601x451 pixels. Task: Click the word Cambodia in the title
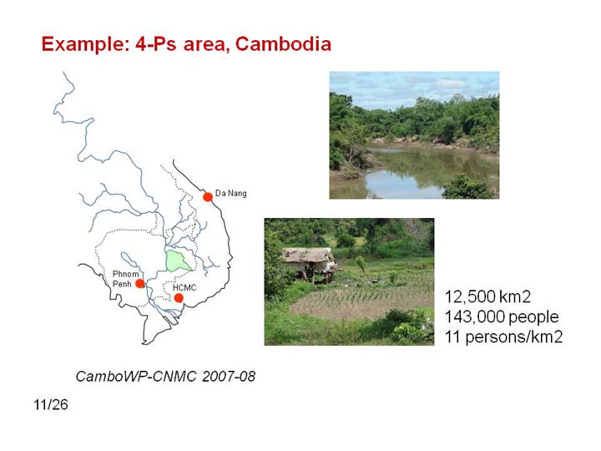point(283,43)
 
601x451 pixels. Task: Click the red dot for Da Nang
point(208,197)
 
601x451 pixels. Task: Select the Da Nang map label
point(230,193)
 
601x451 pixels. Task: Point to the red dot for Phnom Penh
point(140,283)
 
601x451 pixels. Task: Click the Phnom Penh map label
point(125,279)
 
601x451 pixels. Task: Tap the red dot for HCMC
point(179,298)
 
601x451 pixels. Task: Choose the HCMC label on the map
point(184,287)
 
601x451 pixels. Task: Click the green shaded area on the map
point(176,261)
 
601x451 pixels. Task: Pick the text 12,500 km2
point(487,296)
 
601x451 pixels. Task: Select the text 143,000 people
point(502,317)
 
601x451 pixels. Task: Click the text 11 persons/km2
point(503,337)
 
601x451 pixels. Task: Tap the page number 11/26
point(51,404)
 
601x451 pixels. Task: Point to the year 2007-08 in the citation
point(229,376)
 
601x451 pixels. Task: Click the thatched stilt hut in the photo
point(310,263)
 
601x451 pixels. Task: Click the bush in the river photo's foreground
point(467,187)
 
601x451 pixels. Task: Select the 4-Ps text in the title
point(156,44)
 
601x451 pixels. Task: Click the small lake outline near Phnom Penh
point(129,260)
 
